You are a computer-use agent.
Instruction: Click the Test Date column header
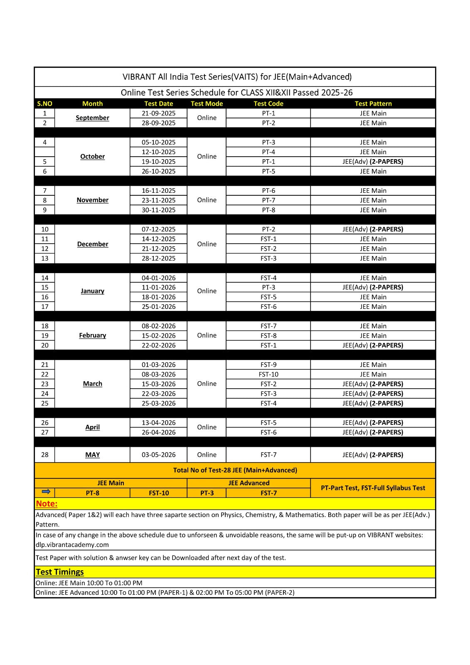pyautogui.click(x=158, y=103)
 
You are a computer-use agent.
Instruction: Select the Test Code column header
pyautogui.click(x=268, y=103)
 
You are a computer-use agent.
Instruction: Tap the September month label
pyautogui.click(x=92, y=118)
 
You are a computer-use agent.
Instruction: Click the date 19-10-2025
pyautogui.click(x=158, y=162)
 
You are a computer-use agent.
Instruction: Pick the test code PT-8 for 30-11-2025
pyautogui.click(x=268, y=210)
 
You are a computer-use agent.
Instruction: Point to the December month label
pyautogui.click(x=92, y=244)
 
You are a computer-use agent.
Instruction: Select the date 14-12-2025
pyautogui.click(x=158, y=239)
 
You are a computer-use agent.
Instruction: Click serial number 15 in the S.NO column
pyautogui.click(x=45, y=287)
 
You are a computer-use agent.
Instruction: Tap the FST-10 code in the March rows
pyautogui.click(x=268, y=374)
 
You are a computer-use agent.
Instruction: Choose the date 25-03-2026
pyautogui.click(x=158, y=403)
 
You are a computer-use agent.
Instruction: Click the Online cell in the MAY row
pyautogui.click(x=207, y=455)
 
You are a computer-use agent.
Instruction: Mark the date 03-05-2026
pyautogui.click(x=158, y=455)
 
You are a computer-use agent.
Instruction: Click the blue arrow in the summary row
pyautogui.click(x=46, y=492)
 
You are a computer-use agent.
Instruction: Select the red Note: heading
pyautogui.click(x=47, y=504)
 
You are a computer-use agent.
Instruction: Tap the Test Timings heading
pyautogui.click(x=60, y=572)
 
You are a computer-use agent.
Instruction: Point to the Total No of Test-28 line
pyautogui.click(x=235, y=470)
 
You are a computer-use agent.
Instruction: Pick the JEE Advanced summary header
pyautogui.click(x=249, y=483)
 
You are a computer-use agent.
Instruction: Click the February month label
pyautogui.click(x=92, y=335)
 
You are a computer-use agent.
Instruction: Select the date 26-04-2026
pyautogui.click(x=158, y=432)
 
